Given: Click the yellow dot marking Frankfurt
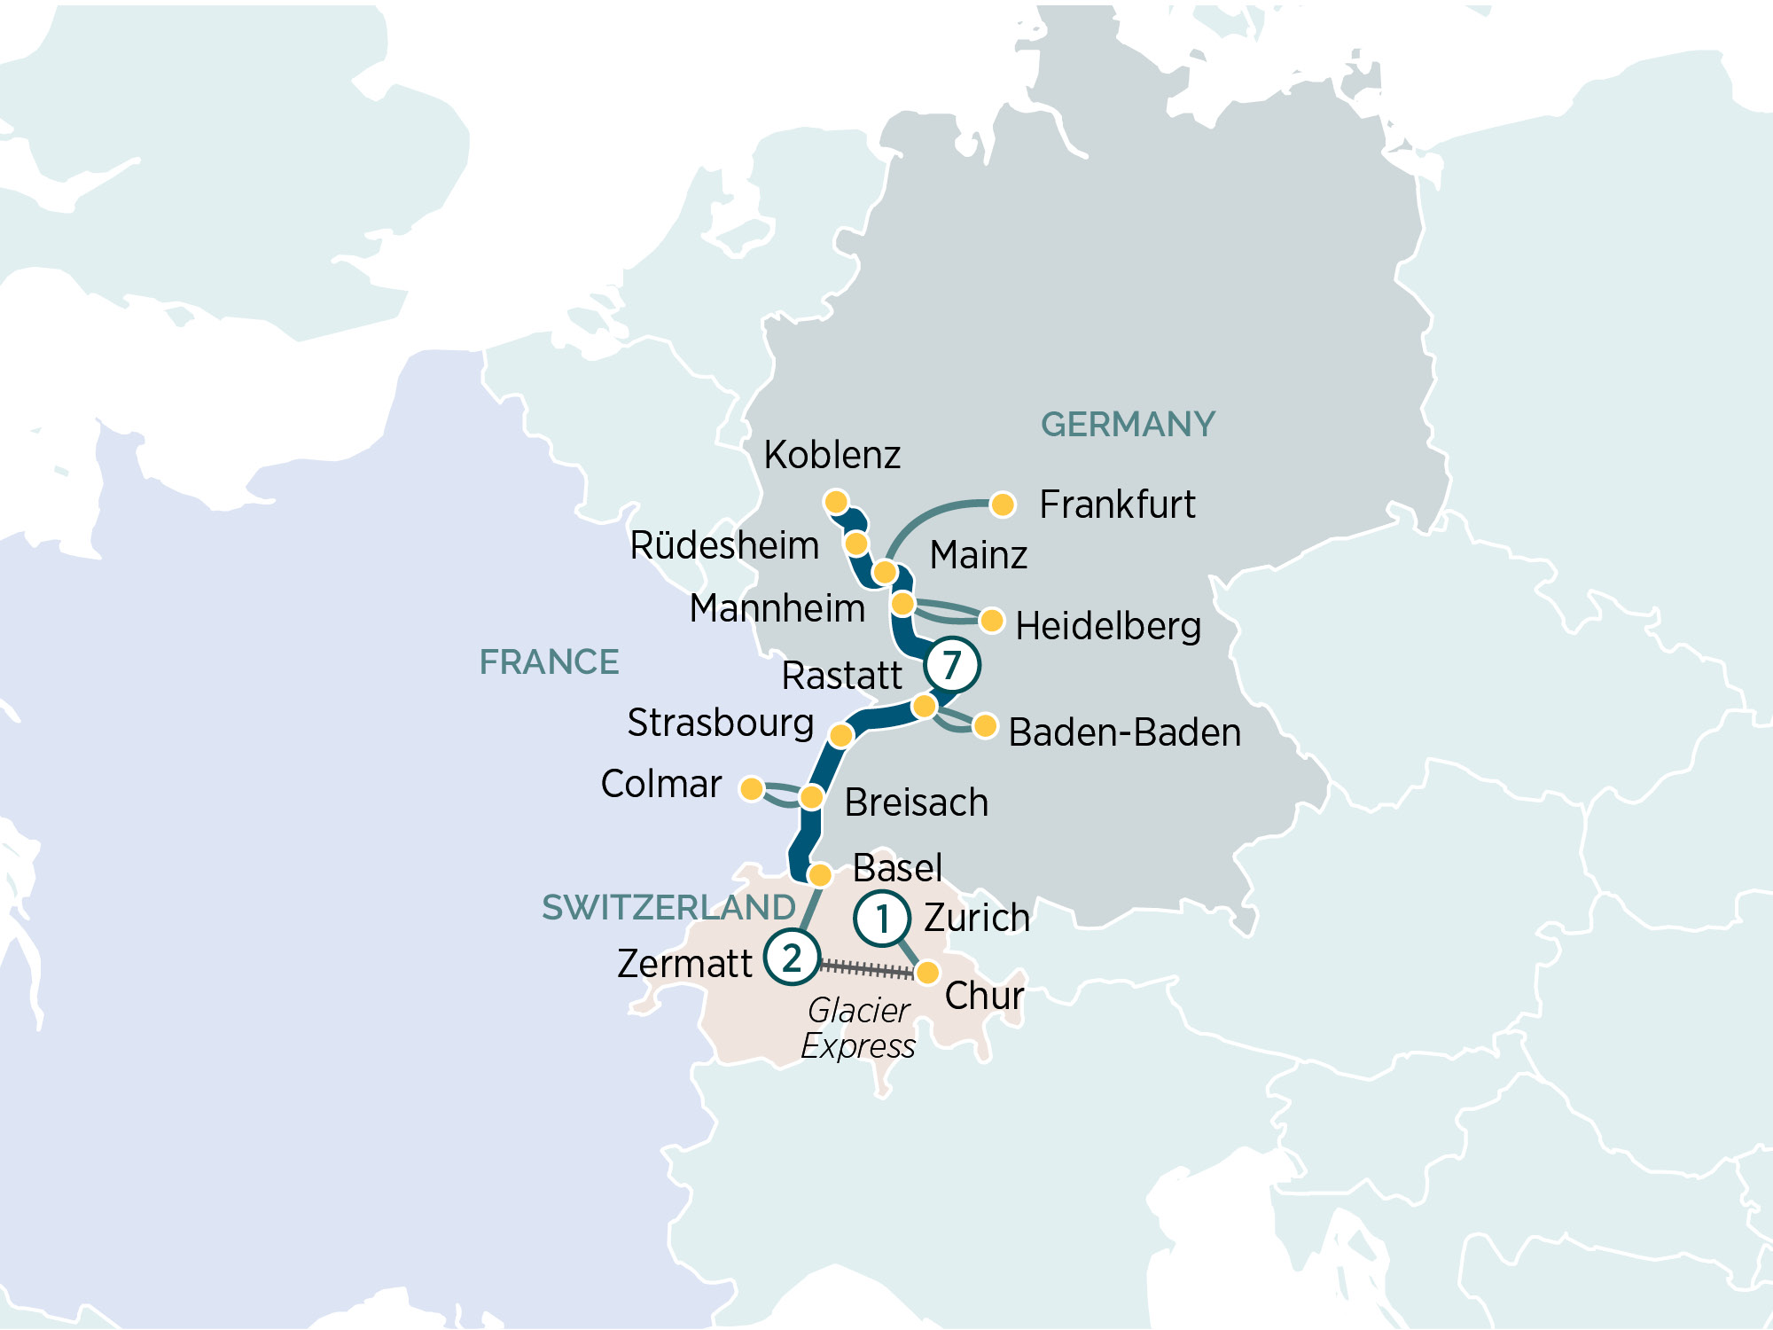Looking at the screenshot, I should click(1003, 505).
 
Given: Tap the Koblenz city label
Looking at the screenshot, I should click(832, 455).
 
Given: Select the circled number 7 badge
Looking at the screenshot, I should click(951, 664).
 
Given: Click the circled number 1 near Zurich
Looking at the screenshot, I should click(882, 919).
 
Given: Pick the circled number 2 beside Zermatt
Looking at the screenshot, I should click(791, 958).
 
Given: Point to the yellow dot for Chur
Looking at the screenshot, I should click(927, 973).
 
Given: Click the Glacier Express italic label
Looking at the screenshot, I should click(857, 1029).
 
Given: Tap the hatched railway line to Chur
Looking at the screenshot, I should click(867, 969).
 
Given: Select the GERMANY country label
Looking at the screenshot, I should click(1128, 425).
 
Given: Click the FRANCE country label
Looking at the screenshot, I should click(549, 662).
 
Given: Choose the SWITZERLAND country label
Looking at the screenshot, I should click(668, 907).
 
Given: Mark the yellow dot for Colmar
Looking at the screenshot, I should click(752, 788).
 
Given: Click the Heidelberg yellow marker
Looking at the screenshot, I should click(992, 620).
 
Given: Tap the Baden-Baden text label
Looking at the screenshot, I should click(1124, 733).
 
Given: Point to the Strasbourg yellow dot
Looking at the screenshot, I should click(841, 734).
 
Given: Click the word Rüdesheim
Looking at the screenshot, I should click(723, 545).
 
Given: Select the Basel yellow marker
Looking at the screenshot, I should click(820, 875).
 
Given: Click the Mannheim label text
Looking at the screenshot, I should click(777, 609).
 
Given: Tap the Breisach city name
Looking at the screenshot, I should click(916, 802).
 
